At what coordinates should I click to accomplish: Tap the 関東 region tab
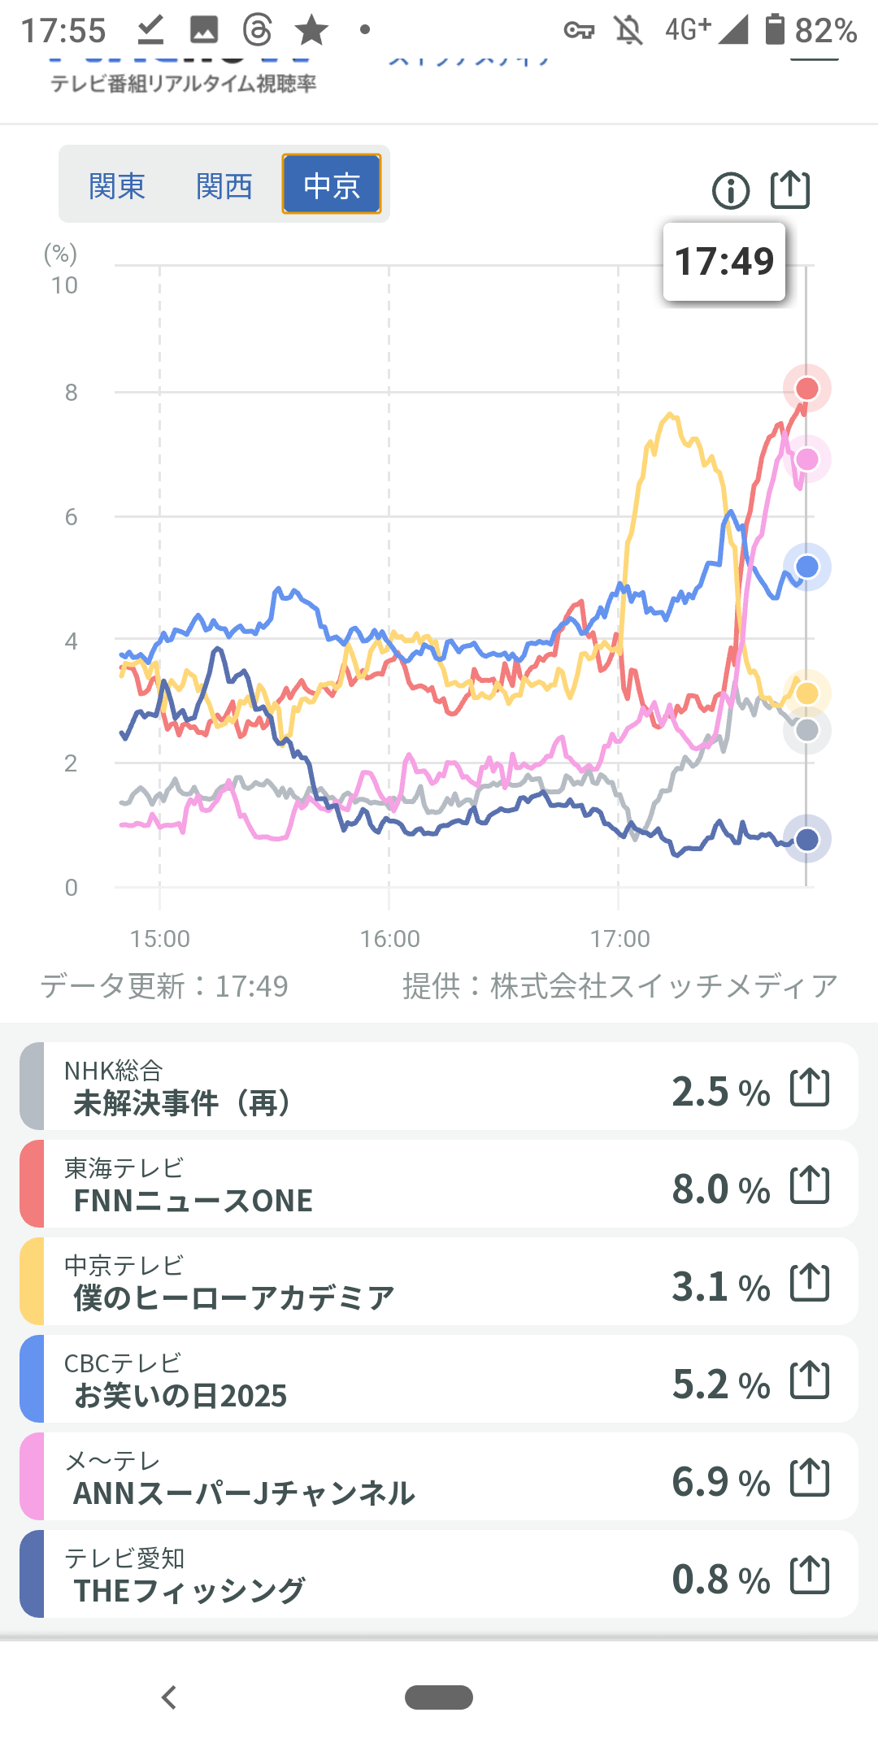click(x=117, y=186)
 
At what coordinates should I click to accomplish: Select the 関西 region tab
click(x=224, y=186)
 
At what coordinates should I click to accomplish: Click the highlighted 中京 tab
click(x=332, y=185)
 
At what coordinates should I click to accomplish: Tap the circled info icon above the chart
click(x=731, y=191)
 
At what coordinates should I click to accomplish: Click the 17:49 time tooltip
click(x=724, y=262)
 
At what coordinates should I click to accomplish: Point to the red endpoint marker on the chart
click(x=806, y=389)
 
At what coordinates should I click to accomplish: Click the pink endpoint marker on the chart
click(x=806, y=460)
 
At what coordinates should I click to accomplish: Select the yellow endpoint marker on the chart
click(x=806, y=693)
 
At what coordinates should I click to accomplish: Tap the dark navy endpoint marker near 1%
click(x=806, y=839)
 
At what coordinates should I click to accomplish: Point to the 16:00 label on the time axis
click(x=389, y=939)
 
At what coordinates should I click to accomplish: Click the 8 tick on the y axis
click(x=72, y=393)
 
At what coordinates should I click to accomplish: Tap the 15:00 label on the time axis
click(x=160, y=939)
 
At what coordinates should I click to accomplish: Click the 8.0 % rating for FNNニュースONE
click(x=720, y=1189)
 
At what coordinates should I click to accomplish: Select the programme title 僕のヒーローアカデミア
click(x=234, y=1297)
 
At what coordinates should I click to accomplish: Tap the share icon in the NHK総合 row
click(x=810, y=1088)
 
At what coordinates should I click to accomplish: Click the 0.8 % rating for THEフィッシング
click(x=720, y=1580)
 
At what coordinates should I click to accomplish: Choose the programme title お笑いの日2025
click(x=180, y=1396)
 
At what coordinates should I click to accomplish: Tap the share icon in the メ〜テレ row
click(x=810, y=1478)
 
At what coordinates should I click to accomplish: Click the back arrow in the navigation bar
click(x=169, y=1697)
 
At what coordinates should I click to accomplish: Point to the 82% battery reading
click(x=825, y=31)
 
